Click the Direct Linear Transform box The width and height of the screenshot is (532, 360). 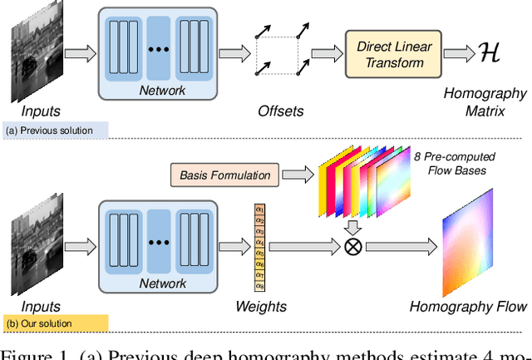coord(391,54)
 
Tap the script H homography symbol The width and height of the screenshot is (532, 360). coord(490,52)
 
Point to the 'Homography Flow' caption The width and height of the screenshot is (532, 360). coord(468,306)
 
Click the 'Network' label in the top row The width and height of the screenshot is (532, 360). coord(163,91)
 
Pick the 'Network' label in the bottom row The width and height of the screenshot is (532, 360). coord(163,284)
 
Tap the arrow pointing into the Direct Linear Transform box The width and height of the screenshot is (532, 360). coord(323,55)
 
